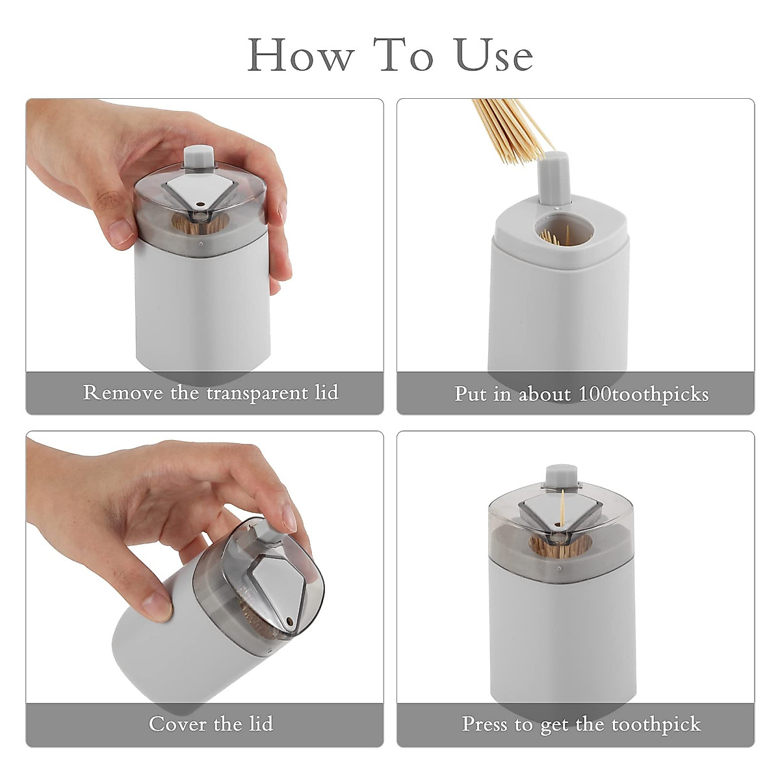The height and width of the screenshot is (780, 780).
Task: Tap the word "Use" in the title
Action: tap(494, 55)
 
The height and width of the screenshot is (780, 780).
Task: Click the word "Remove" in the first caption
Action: tap(123, 393)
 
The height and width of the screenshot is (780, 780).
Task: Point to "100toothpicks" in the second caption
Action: tap(643, 394)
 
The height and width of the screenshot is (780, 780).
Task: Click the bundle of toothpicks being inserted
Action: tap(510, 130)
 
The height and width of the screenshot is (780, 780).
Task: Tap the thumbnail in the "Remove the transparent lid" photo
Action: tap(121, 230)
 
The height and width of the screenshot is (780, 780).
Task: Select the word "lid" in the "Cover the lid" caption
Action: tap(260, 723)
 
